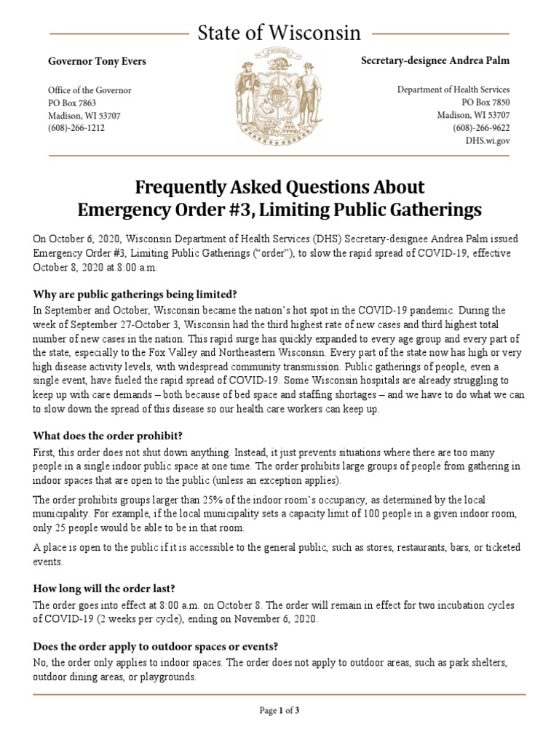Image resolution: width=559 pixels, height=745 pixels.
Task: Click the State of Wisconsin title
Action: coord(279,33)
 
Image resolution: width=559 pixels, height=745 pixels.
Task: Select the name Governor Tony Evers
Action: coord(97,61)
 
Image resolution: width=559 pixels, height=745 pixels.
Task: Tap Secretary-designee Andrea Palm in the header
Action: coord(435,61)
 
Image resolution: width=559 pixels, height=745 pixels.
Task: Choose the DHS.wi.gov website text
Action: coord(487,140)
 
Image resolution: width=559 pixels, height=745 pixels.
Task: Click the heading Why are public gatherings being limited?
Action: coord(135,294)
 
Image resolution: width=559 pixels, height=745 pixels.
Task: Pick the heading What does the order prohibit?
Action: coord(108,436)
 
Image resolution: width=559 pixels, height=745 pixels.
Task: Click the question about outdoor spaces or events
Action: coord(156,647)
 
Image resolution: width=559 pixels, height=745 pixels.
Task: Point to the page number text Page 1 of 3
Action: coord(279,711)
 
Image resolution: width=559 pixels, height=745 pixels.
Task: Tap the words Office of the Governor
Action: coord(90,90)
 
